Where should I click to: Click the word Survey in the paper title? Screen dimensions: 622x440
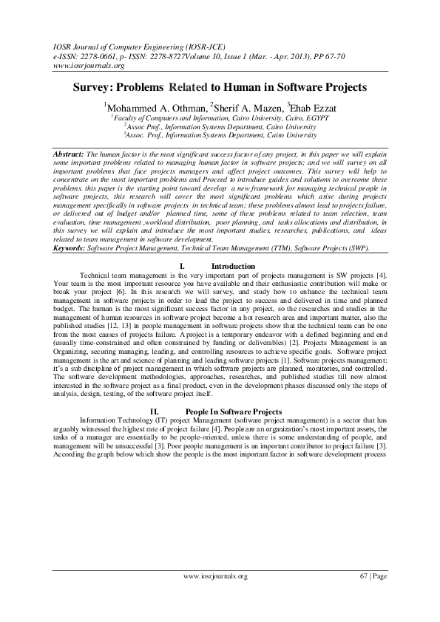[x=93, y=87]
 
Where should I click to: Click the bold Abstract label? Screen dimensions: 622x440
[x=70, y=151]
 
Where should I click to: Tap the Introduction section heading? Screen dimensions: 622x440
[x=233, y=266]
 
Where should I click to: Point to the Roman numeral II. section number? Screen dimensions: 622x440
[x=155, y=411]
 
